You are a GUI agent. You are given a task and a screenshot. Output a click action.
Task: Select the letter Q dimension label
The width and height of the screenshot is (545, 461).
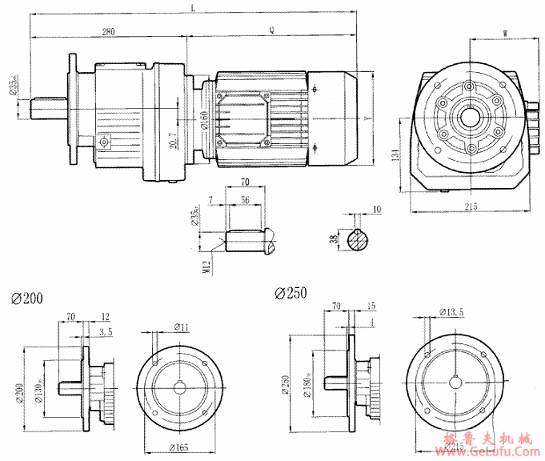[272, 31]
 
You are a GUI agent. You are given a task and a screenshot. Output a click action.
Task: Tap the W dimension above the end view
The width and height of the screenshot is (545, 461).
[504, 33]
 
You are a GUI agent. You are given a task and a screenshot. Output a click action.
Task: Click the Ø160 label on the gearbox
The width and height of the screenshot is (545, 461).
[204, 121]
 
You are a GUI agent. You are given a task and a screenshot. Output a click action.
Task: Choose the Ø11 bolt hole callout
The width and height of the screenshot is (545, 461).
[181, 327]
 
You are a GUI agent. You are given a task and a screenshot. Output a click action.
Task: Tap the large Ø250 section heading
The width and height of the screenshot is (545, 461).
[290, 294]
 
